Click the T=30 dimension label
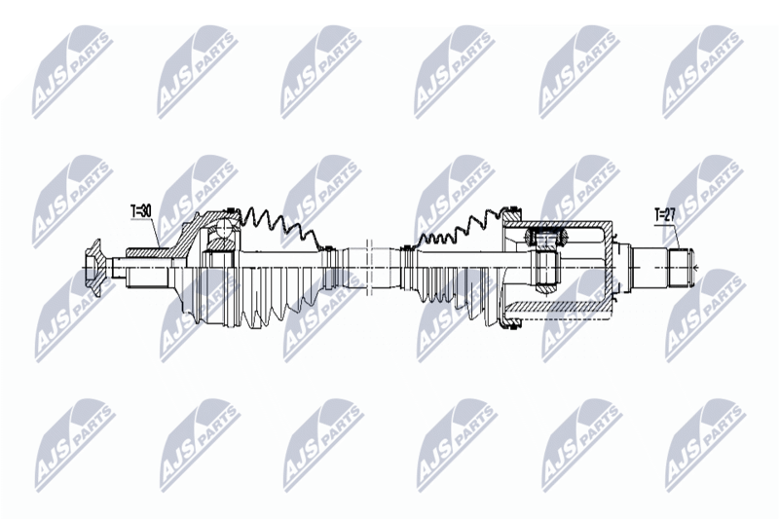[140, 211]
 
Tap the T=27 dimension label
[665, 215]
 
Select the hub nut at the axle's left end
[93, 267]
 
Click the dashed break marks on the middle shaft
[369, 263]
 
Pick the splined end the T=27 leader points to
[680, 268]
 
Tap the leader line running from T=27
[674, 237]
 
